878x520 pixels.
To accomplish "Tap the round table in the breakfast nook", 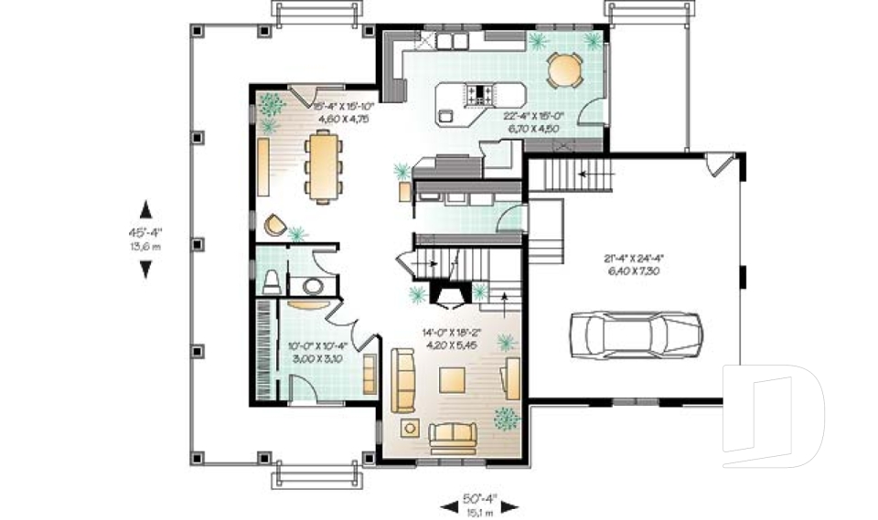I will point(564,70).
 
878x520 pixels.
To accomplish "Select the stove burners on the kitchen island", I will point(481,92).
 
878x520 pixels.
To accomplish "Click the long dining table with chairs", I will point(322,164).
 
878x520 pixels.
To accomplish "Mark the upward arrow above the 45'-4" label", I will point(145,207).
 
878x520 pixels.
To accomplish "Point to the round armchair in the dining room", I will point(273,224).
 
